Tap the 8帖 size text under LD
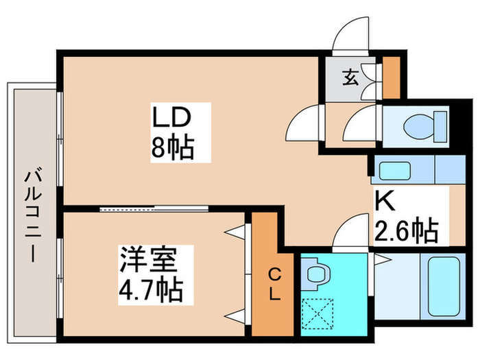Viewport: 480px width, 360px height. coord(171,148)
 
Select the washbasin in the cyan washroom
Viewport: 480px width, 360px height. coord(316,274)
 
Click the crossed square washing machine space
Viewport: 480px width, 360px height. coord(317,313)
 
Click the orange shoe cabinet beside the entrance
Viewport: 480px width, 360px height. coord(390,79)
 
